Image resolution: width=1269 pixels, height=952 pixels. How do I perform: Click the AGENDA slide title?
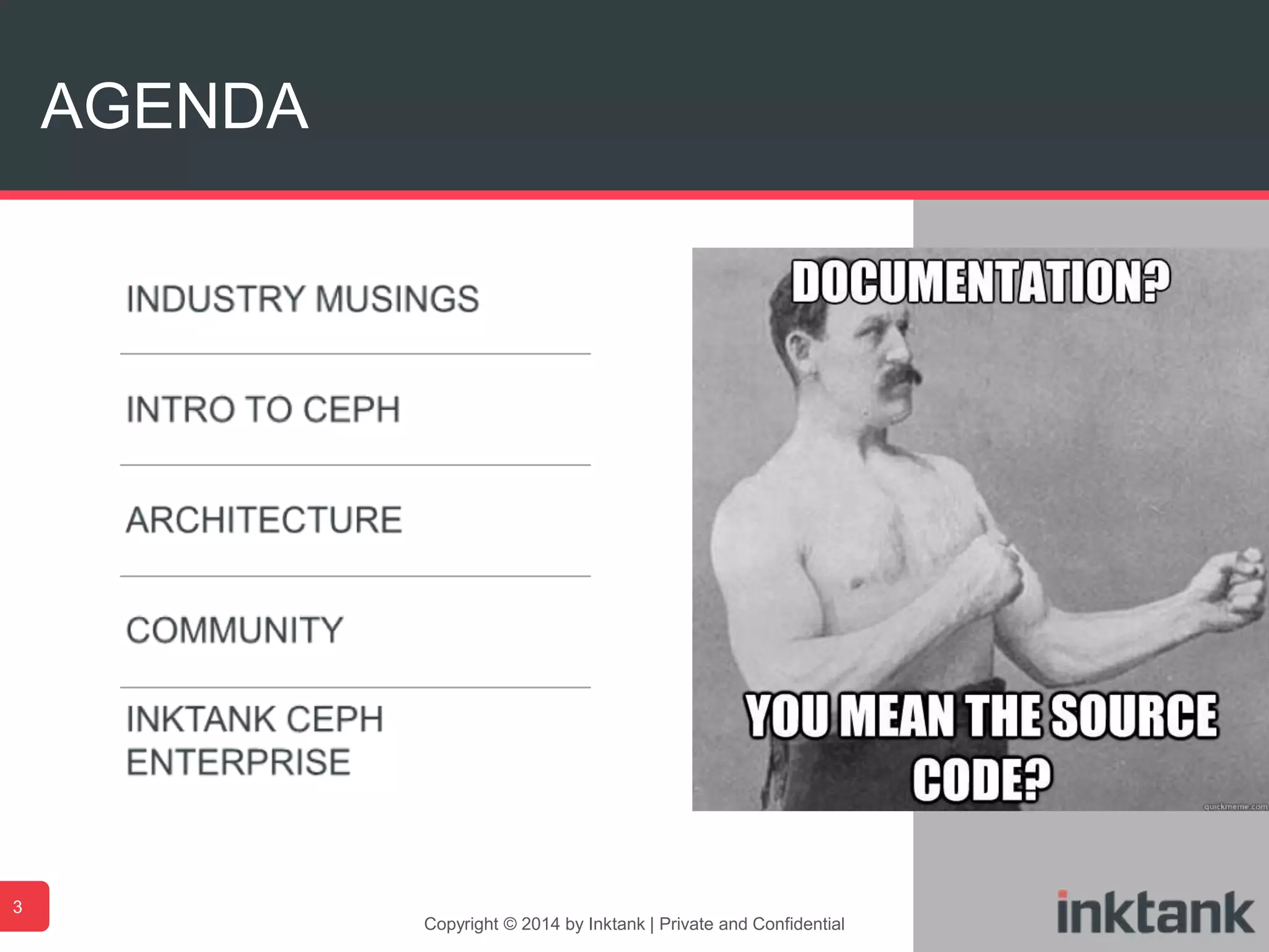(x=174, y=107)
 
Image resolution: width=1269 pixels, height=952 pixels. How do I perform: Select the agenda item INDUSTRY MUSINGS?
(x=302, y=299)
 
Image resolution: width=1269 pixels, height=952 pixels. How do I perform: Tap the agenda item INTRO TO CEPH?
(x=263, y=410)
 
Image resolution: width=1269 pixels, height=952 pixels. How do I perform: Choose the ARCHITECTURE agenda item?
(x=265, y=520)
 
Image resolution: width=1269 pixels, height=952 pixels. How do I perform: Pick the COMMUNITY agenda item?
(x=235, y=630)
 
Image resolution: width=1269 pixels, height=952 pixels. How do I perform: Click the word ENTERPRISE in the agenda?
(x=239, y=762)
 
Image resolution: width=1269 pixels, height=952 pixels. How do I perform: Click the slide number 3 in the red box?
(x=18, y=907)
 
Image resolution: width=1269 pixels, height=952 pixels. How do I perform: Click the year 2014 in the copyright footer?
(x=540, y=924)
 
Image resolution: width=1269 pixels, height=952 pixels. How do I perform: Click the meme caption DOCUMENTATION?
(x=981, y=282)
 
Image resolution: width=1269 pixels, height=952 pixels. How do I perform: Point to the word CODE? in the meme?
(x=982, y=778)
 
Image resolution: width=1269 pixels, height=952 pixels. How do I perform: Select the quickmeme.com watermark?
(x=1235, y=806)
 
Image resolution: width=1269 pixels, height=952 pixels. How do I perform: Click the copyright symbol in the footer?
(x=510, y=924)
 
